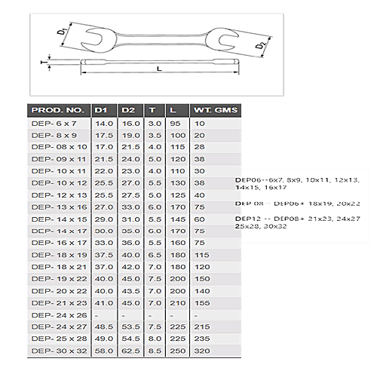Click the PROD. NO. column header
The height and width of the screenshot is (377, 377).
(57, 110)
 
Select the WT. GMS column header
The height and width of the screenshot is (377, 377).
(216, 110)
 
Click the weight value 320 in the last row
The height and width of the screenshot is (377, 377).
(201, 351)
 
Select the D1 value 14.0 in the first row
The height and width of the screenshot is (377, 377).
(103, 122)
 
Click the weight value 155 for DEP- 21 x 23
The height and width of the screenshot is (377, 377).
(201, 303)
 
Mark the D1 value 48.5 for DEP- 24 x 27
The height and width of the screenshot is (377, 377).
(103, 327)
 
